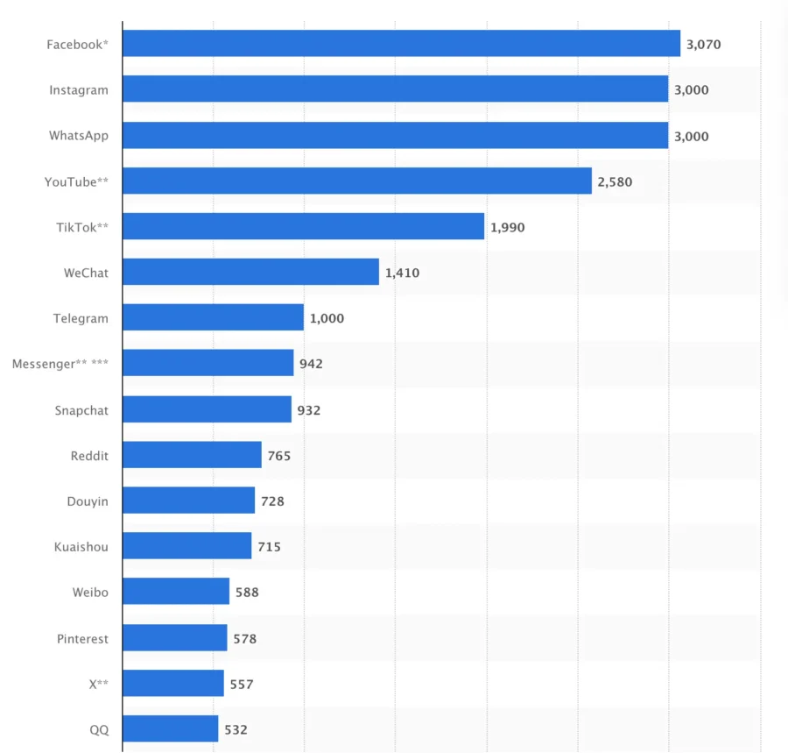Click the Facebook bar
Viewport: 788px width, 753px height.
point(401,44)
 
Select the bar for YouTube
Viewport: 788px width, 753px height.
point(357,181)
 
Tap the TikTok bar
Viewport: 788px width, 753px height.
point(303,227)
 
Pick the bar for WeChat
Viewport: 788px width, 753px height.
point(250,273)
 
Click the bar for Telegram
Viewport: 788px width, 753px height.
point(213,318)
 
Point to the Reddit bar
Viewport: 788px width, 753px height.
point(192,455)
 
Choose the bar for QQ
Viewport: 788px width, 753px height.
point(170,729)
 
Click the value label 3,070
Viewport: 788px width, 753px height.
point(703,44)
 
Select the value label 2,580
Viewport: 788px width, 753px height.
point(615,181)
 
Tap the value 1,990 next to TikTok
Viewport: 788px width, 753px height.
point(508,227)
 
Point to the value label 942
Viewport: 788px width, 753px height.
point(311,364)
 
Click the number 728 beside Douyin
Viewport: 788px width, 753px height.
point(272,501)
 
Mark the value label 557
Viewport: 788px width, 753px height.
point(242,684)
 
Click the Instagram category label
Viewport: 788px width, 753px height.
point(79,89)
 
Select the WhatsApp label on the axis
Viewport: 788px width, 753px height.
point(79,136)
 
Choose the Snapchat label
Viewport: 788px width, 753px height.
point(81,410)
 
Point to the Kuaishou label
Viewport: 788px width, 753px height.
point(81,547)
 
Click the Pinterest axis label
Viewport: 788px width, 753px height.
point(82,638)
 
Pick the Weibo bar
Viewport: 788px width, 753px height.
point(176,592)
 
